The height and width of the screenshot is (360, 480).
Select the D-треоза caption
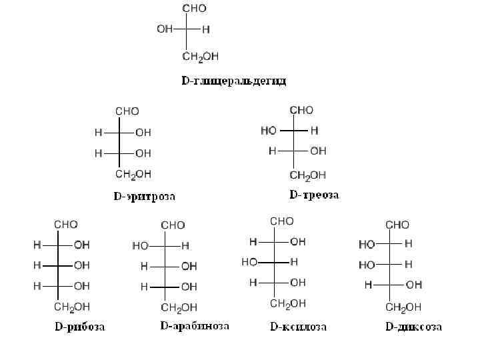coord(314,195)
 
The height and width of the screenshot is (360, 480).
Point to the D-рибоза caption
coord(79,327)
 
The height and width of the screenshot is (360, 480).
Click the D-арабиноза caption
coord(195,326)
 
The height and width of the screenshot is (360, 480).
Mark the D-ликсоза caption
coord(413,327)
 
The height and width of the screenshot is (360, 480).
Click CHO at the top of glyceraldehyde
coord(195,9)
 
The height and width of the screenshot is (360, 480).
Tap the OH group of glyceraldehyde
coord(165,29)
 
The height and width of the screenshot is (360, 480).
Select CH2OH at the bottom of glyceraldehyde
coord(201,57)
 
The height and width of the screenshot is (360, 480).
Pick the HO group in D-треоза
coord(269,131)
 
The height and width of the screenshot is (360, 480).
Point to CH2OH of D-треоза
coord(307,175)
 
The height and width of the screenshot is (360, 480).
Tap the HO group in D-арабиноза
coord(141,246)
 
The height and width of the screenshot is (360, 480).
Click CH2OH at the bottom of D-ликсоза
coord(404,307)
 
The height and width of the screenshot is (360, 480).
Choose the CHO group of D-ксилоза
coord(281,221)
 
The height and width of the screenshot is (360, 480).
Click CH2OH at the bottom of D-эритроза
coord(133,175)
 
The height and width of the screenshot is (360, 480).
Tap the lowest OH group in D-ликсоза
coord(413,285)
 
